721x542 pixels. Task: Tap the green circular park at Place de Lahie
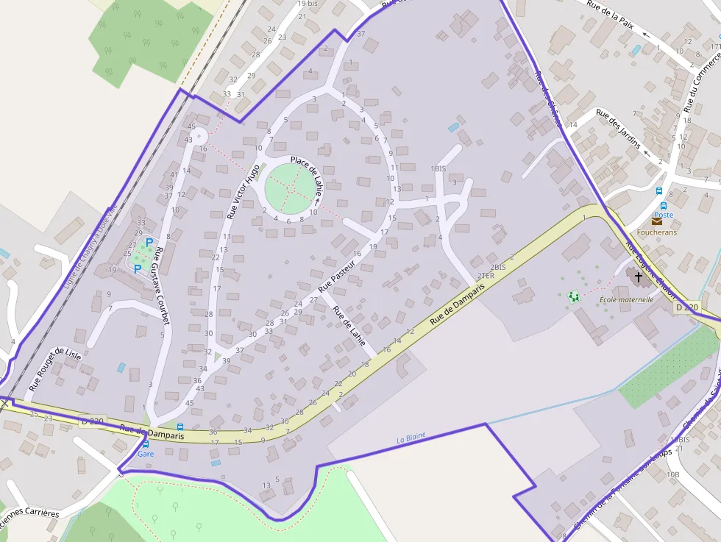point(292,188)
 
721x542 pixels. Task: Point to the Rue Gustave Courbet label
point(162,285)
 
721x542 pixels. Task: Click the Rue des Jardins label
point(617,129)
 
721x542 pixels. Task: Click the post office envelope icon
point(656,221)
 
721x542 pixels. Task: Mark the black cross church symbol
point(638,277)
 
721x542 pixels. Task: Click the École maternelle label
point(626,299)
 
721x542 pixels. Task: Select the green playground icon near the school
point(574,296)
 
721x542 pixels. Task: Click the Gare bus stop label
point(146,454)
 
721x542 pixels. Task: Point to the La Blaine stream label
point(411,438)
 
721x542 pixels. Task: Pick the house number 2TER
point(486,276)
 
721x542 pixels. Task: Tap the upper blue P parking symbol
point(149,243)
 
